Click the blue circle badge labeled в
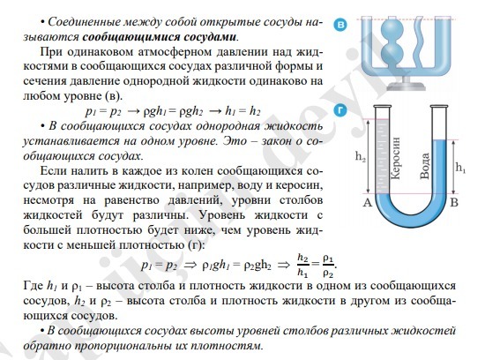click(x=340, y=25)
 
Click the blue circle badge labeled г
click(x=340, y=110)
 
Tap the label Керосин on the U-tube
click(x=396, y=158)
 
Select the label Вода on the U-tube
click(x=425, y=166)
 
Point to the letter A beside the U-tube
click(x=367, y=202)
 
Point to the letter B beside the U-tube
click(x=454, y=202)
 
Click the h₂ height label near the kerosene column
click(x=361, y=157)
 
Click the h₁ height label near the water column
click(x=460, y=168)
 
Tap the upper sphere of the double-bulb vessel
click(x=392, y=30)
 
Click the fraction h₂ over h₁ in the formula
click(x=302, y=265)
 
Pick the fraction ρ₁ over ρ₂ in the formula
click(x=328, y=266)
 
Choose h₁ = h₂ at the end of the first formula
click(x=242, y=111)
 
